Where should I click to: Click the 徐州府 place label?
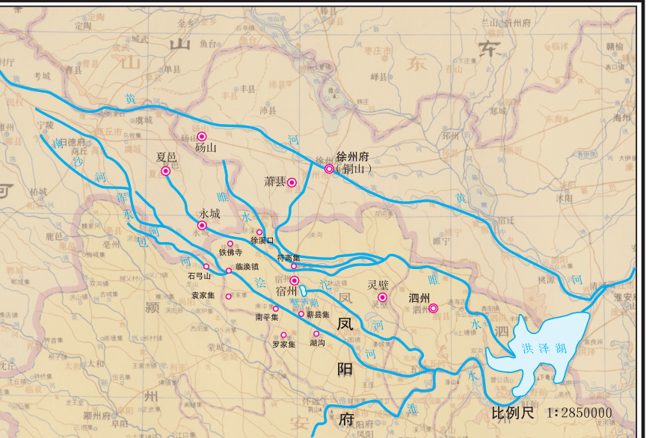pos(354,157)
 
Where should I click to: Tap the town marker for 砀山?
pos(202,136)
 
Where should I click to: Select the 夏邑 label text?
pos(166,158)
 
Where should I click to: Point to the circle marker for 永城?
pos(201,225)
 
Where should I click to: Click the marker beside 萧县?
pos(292,182)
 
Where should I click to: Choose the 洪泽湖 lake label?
pos(538,348)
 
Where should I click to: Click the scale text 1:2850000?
pos(579,413)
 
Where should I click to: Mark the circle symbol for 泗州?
pos(433,308)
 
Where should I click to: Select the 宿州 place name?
pos(287,290)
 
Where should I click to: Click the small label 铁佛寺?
pos(230,253)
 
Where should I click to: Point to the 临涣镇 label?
pos(247,265)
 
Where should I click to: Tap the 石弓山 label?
pos(200,276)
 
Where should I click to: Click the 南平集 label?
pos(267,317)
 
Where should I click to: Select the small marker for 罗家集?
pos(283,334)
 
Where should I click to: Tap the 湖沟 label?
pos(317,343)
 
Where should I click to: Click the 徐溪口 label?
pos(262,241)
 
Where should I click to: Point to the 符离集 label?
pos(289,257)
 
